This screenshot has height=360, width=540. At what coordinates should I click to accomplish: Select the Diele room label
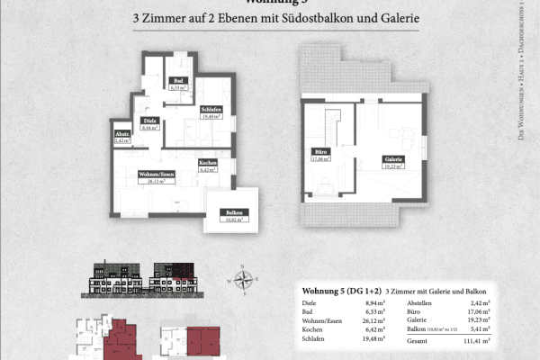coord(147,124)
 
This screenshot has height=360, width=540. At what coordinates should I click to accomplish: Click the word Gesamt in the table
coord(417,342)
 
